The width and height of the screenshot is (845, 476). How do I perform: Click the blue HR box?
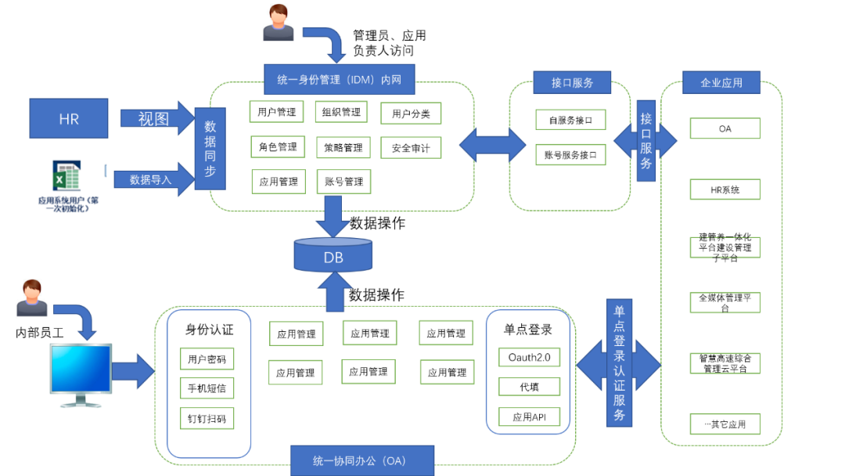(69, 118)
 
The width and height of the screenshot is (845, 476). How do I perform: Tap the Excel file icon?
(67, 176)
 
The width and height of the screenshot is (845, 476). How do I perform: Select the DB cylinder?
(333, 254)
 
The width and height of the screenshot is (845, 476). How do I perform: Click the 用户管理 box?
(277, 112)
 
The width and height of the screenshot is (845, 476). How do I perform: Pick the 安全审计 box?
(411, 147)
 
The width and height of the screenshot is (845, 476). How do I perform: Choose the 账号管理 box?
(343, 182)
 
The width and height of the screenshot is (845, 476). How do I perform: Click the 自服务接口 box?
(570, 120)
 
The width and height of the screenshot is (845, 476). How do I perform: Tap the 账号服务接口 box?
(570, 155)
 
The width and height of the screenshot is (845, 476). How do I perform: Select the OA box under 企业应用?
(725, 128)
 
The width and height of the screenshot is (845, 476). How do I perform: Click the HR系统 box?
(725, 189)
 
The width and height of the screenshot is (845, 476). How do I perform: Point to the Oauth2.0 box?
(529, 358)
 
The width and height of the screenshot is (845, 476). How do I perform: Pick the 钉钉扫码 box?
(207, 418)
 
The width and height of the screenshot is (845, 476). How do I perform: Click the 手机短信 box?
(207, 388)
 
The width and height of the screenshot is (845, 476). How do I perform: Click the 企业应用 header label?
(722, 82)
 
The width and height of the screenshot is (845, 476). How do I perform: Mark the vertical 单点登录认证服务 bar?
(619, 363)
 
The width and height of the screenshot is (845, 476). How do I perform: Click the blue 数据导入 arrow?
(153, 179)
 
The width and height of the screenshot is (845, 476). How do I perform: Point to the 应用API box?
(529, 417)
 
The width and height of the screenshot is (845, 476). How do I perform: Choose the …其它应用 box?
(725, 424)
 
